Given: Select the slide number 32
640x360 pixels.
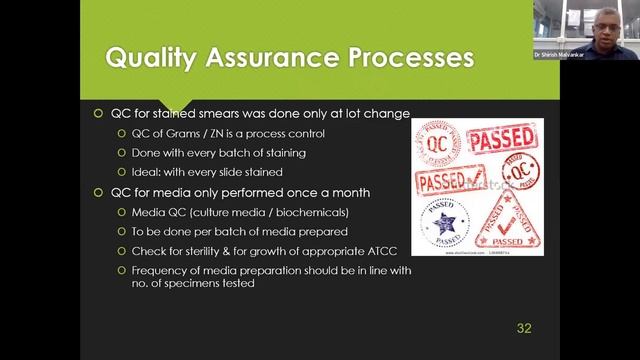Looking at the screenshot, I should point(524,327).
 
